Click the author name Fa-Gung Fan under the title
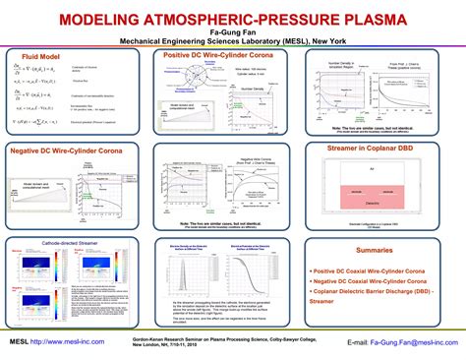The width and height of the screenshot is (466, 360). (x=232, y=32)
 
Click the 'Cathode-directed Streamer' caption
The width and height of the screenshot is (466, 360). (x=71, y=241)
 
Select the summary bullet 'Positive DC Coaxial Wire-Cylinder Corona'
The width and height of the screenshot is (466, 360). (x=371, y=270)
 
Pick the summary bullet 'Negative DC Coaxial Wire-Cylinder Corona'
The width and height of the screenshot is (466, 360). (x=372, y=280)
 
